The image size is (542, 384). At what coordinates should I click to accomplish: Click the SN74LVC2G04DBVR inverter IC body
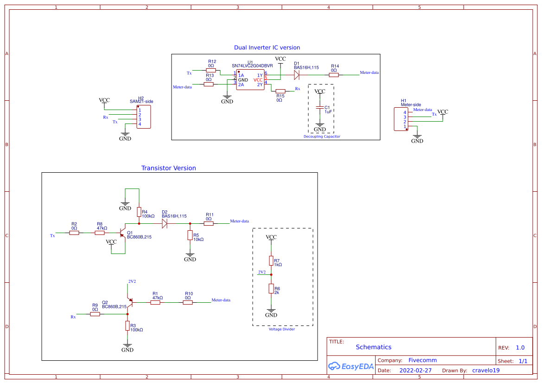coord(250,80)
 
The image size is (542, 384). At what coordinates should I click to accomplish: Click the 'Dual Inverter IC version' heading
coord(267,47)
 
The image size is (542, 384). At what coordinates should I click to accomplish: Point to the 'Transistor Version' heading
coord(168,168)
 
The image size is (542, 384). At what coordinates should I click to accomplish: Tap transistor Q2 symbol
coord(129,302)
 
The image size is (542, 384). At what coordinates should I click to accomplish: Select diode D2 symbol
coord(164,223)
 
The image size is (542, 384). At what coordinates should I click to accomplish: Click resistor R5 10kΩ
coord(190,235)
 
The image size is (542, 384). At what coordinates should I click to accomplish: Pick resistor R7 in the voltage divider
coord(271,260)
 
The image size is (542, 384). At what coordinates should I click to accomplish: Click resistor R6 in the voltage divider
coord(271,289)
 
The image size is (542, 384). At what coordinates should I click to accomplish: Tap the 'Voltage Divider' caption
coord(281,329)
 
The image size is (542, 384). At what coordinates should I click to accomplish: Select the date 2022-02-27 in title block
coord(415,371)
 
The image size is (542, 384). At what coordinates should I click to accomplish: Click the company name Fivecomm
coord(422,360)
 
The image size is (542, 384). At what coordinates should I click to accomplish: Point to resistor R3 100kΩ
coord(128,326)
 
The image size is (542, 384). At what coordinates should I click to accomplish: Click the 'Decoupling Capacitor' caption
coord(322,137)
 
